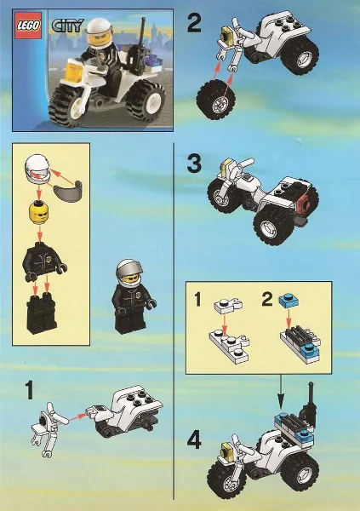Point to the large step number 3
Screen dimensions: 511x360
coord(194,165)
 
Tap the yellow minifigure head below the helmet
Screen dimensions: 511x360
coord(38,210)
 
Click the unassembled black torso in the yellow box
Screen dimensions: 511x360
coord(39,258)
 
